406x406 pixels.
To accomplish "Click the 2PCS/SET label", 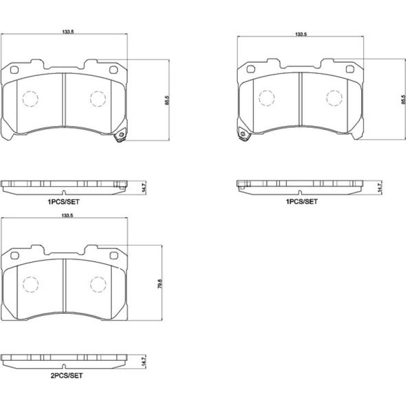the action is pos(66,375).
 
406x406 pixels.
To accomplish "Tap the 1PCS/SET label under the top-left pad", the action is pos(63,202).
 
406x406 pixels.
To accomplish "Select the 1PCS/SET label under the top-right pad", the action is pos(302,201).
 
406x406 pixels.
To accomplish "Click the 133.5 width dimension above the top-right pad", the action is pos(301,34).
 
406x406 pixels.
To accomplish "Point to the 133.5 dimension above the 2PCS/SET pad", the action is pos(67,216).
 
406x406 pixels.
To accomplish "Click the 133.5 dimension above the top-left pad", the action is pos(68,32).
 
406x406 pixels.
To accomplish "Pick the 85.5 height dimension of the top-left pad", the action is pos(167,100).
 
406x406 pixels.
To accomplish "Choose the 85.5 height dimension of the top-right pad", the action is pos(403,100).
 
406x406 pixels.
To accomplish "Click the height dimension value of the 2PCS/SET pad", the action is pos(160,284).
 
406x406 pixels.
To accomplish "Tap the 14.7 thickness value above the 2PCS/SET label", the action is pos(144,361).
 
